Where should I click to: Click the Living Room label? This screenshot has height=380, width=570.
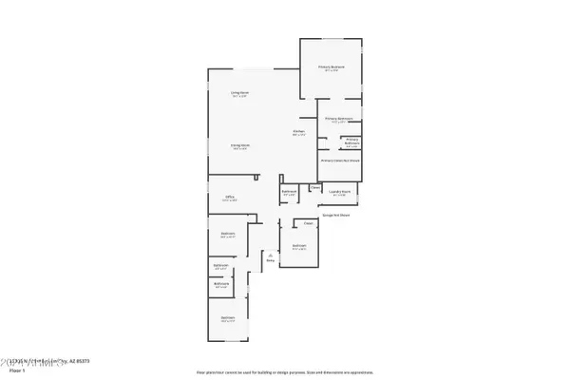238,92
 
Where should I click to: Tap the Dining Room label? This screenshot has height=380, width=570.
238,145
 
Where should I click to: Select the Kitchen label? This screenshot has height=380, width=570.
298,130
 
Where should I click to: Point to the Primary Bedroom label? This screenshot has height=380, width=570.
332,66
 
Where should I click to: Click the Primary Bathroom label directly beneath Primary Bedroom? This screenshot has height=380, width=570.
339,119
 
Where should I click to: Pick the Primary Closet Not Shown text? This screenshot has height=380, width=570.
340,161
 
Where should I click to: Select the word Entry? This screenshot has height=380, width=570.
270,259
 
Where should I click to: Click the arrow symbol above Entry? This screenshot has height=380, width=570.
270,254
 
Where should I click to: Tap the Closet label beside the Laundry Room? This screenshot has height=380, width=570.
314,187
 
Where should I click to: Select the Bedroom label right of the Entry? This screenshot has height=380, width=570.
299,245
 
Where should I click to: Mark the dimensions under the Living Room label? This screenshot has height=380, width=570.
239,97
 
